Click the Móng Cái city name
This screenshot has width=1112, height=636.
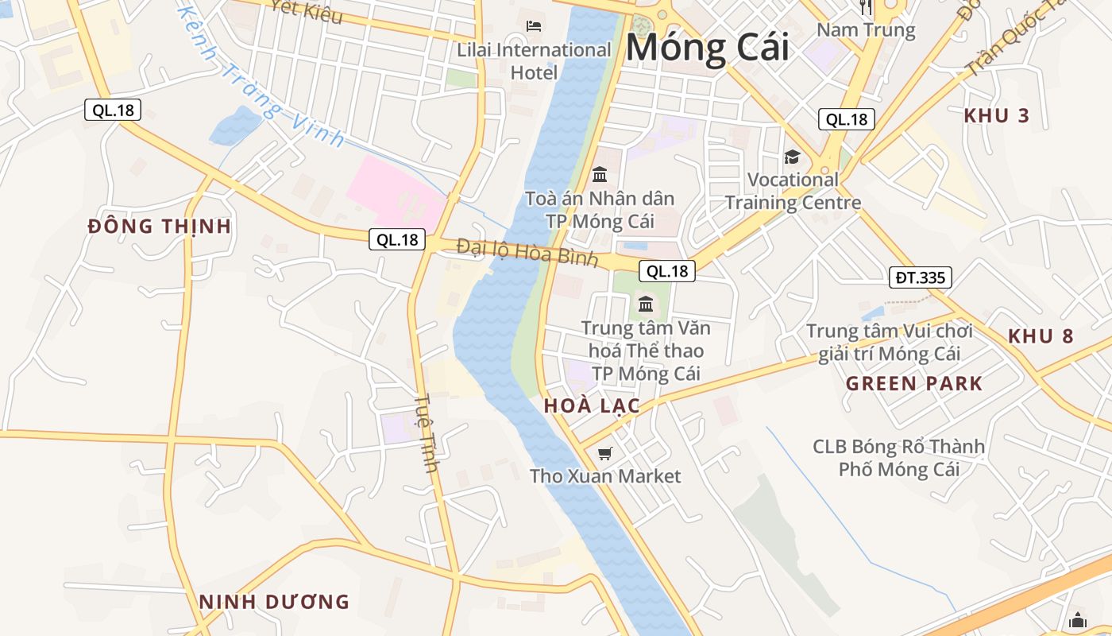coord(707,48)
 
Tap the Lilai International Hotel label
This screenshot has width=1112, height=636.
coord(534,61)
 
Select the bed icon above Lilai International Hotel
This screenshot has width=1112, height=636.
coord(534,26)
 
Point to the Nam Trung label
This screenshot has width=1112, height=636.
coord(866,31)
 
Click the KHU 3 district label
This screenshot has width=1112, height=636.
coord(996,116)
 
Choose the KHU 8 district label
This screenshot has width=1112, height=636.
coord(1041,336)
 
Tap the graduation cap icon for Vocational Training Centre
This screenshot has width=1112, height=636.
coord(792,157)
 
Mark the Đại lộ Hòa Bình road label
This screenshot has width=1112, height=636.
coord(527,253)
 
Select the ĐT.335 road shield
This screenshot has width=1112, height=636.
coord(920,277)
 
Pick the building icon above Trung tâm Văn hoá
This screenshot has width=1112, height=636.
coord(645,304)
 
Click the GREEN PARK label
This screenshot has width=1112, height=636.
coord(913,384)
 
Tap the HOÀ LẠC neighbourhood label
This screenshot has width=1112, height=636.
coord(592,406)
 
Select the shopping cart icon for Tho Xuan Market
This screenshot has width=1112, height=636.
coord(605,454)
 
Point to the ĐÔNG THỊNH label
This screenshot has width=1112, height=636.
coord(160,227)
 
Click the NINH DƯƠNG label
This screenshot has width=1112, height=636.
coord(274,602)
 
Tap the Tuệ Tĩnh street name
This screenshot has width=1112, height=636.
coord(427,433)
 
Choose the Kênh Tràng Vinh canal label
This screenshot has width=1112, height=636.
coord(262,79)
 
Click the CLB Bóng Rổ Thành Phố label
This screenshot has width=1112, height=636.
coord(898,458)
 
